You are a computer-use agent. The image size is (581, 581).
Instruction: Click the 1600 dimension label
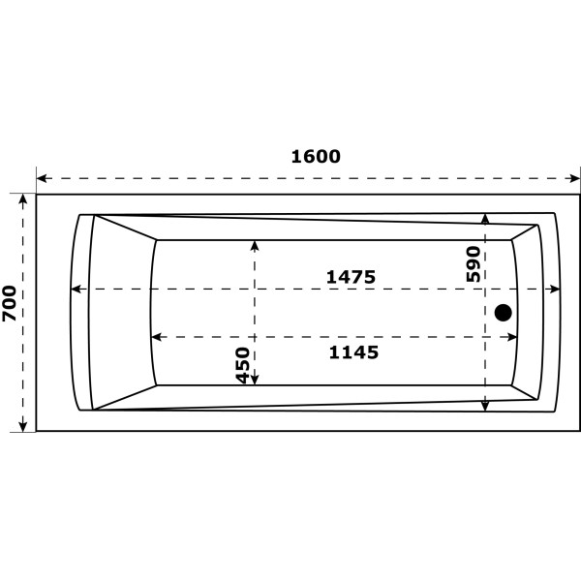316,156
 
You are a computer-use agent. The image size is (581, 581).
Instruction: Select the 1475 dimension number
350,277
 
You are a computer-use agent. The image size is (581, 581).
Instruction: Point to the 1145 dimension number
352,352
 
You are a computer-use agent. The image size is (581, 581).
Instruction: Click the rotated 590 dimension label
474,263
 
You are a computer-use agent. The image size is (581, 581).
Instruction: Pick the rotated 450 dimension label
243,365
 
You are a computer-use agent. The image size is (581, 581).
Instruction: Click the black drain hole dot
503,312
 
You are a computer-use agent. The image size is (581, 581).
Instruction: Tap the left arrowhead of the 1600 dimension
42,179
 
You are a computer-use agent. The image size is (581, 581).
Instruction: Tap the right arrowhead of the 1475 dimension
555,289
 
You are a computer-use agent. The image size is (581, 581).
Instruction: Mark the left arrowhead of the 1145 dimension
155,337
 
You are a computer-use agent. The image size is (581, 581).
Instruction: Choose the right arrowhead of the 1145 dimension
512,337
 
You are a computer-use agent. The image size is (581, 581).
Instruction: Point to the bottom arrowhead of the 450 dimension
256,380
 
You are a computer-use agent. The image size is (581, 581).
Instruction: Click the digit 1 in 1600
296,156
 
